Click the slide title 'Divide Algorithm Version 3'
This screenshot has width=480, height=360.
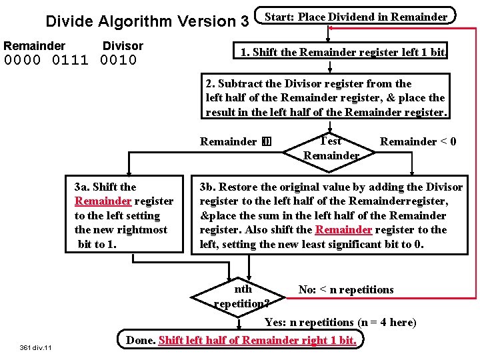tap(147, 21)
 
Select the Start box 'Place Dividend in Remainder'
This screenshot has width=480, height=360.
tap(356, 17)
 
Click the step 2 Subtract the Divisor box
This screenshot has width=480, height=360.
tap(327, 98)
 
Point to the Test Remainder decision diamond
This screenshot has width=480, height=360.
tap(331, 148)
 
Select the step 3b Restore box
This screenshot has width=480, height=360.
tap(331, 215)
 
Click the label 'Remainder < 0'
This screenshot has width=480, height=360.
tap(418, 141)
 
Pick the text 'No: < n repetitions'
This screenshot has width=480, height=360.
tap(345, 289)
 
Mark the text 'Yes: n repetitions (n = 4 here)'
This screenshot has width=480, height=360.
tap(340, 322)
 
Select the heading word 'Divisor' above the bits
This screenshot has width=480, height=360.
tap(123, 46)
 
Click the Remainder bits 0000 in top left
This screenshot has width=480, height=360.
tap(23, 61)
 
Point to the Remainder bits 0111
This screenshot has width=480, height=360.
tap(70, 61)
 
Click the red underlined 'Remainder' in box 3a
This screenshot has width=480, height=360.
tap(103, 201)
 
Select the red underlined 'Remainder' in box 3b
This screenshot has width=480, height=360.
tap(343, 230)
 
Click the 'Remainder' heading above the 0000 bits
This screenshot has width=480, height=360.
tap(35, 46)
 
